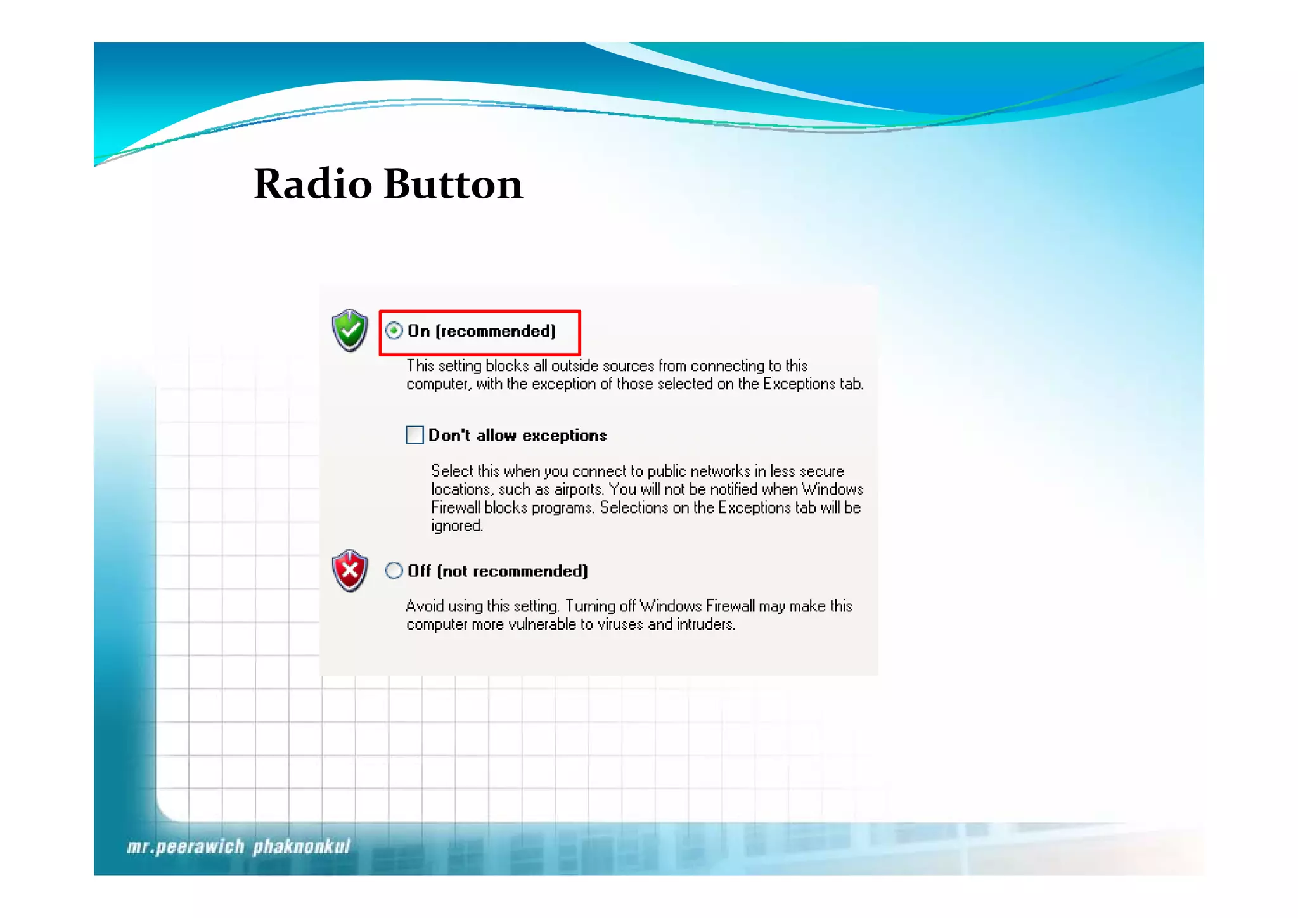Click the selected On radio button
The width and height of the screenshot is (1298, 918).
coord(394,331)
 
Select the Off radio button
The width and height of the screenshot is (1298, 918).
coord(394,571)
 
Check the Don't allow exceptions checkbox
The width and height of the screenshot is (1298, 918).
coord(414,435)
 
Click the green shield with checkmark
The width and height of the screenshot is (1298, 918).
coord(349,330)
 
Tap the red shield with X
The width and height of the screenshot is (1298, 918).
coord(349,571)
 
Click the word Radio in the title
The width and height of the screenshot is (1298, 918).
coord(312,184)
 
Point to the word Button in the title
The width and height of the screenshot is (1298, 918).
coord(453,184)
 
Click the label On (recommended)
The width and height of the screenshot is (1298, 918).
coord(482,331)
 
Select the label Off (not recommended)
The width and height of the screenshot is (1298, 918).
coord(498,571)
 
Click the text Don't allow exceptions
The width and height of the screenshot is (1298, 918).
coord(517,436)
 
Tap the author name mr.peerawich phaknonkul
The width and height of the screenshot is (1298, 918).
coord(238,847)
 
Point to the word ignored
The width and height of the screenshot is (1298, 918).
coord(456,526)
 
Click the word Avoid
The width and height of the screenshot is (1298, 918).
coord(424,606)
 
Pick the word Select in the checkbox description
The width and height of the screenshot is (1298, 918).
coord(452,471)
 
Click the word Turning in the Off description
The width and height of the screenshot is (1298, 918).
coord(587,607)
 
